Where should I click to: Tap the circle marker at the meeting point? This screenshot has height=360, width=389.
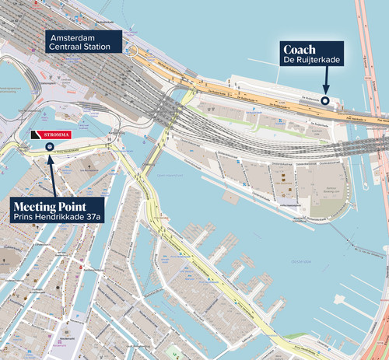coord(50,145)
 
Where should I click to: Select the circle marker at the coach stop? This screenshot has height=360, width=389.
coord(325,100)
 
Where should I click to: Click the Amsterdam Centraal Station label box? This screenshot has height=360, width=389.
coord(84,42)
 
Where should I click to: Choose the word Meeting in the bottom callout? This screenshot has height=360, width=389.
coord(33,205)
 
